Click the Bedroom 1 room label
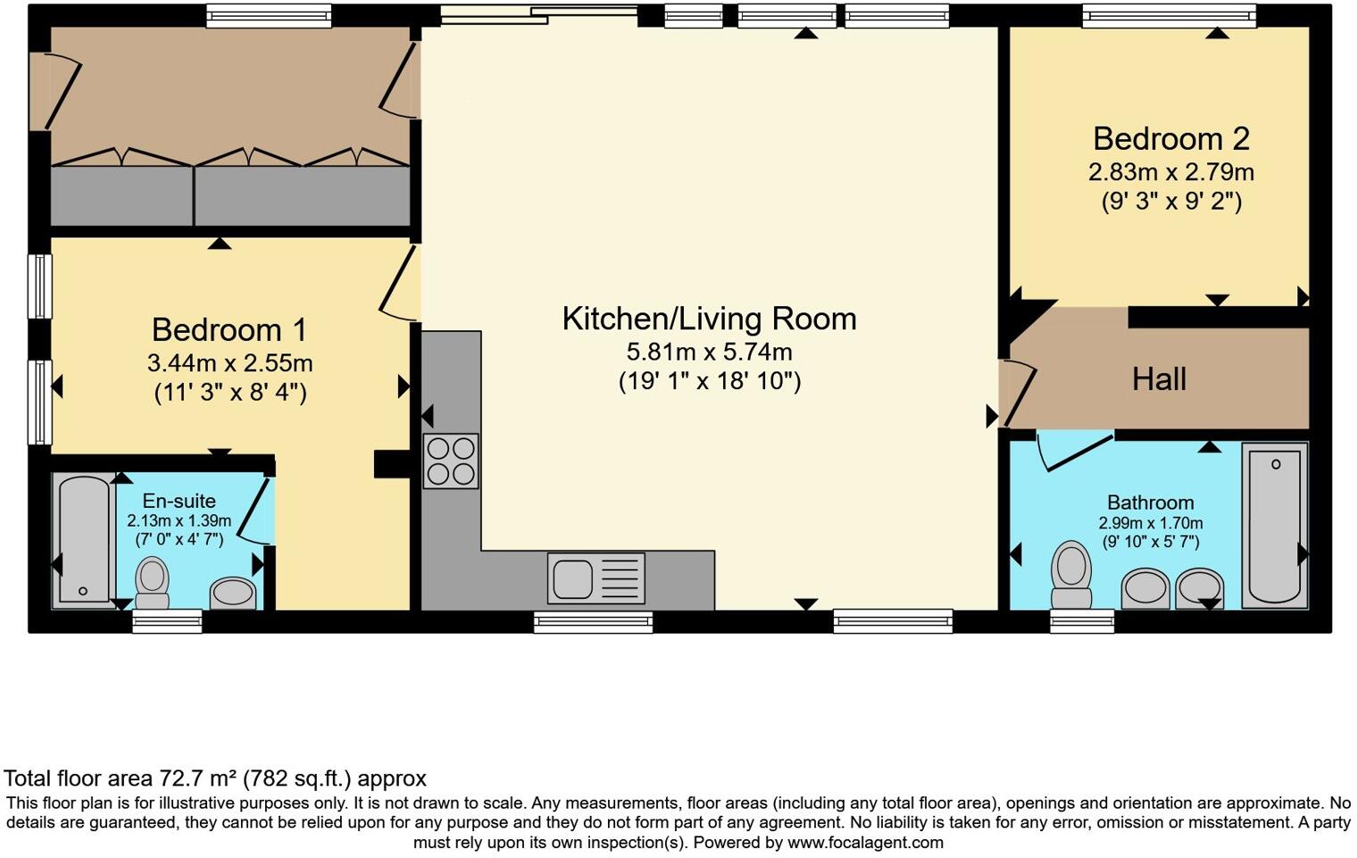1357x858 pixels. click(x=229, y=329)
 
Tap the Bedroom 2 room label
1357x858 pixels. click(x=1170, y=138)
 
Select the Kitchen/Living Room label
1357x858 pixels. click(x=709, y=319)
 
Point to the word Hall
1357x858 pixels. click(x=1159, y=379)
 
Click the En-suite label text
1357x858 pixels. click(x=179, y=501)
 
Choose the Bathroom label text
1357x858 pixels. click(x=1150, y=503)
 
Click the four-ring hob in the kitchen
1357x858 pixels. click(x=451, y=461)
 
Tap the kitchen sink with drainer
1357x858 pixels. click(x=596, y=578)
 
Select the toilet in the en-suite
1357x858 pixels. click(x=152, y=583)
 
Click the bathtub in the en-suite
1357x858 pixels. click(x=83, y=541)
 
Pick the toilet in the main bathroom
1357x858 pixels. click(x=1071, y=574)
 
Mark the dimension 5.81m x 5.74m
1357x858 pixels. click(x=709, y=352)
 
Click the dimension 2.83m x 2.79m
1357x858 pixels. click(x=1170, y=171)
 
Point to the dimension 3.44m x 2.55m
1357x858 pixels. click(x=229, y=363)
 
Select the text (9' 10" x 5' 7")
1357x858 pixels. click(x=1150, y=542)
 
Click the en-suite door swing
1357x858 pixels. click(x=256, y=513)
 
